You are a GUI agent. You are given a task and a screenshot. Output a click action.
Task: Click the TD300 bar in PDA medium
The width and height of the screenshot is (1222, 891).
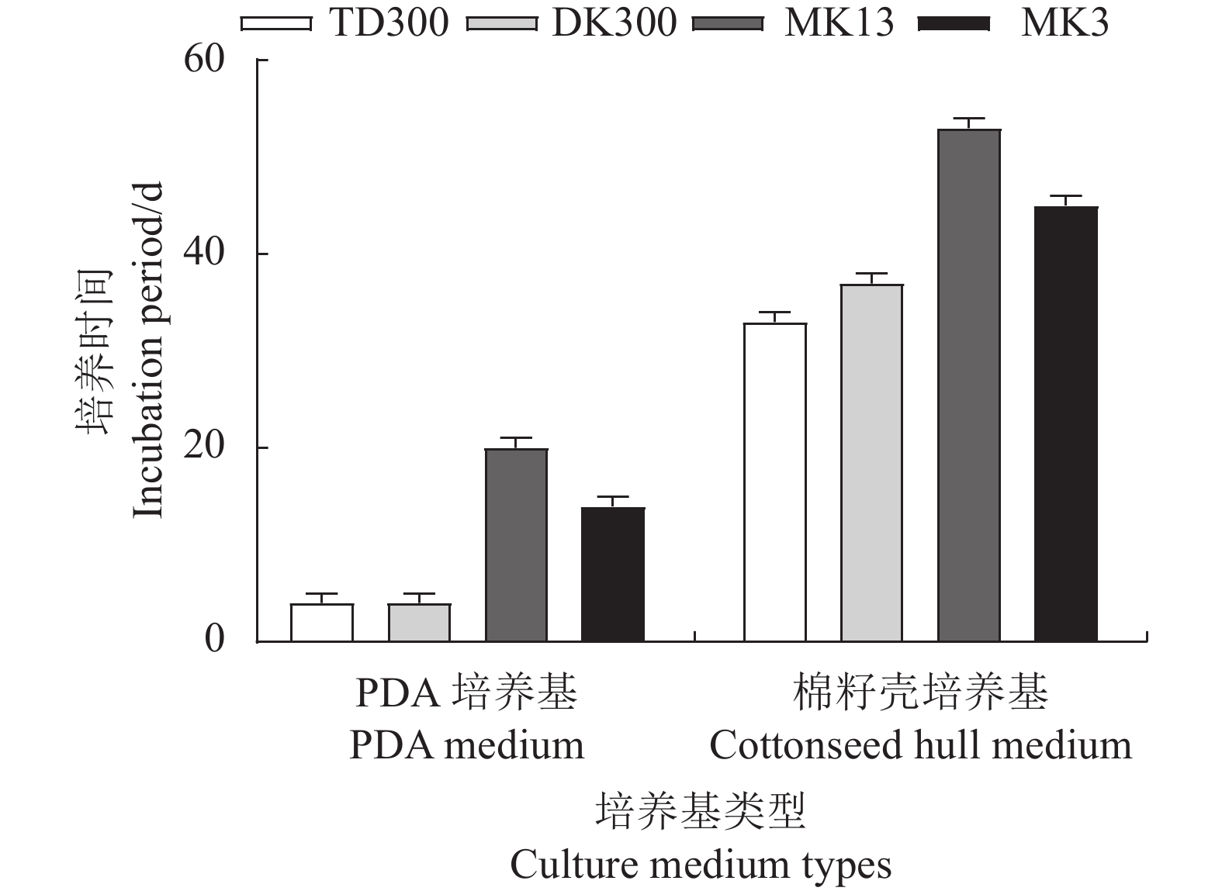(322, 623)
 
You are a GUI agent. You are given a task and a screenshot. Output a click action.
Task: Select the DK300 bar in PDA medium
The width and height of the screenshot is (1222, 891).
(419, 623)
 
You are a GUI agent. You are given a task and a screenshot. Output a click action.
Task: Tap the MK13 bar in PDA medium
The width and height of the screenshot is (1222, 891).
(516, 545)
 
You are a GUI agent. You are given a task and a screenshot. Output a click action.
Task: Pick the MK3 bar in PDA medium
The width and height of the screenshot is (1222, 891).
(613, 575)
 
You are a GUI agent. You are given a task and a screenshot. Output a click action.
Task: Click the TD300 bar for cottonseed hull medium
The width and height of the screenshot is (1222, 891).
(775, 482)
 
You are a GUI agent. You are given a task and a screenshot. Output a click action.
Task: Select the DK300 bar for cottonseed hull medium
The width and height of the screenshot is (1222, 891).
(872, 463)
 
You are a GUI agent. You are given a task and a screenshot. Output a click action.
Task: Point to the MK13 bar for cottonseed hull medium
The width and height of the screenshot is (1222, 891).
(969, 385)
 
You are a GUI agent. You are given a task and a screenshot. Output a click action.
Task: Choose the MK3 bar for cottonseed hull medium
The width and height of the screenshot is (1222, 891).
(1066, 424)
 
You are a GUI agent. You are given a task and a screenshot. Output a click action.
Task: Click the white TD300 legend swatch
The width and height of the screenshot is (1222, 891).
(276, 24)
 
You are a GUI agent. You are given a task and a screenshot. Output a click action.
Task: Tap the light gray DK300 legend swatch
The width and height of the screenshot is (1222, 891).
(502, 24)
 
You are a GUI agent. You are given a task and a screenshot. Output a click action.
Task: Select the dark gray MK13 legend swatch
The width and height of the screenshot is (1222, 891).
(727, 24)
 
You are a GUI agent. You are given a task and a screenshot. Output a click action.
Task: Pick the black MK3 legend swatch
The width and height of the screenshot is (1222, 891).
(953, 24)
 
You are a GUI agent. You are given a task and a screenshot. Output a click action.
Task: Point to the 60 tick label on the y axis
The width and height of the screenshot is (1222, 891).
(204, 60)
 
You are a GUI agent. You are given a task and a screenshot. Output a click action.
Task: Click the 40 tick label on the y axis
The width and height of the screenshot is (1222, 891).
(204, 254)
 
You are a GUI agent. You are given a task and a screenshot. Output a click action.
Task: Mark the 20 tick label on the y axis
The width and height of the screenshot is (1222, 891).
(204, 447)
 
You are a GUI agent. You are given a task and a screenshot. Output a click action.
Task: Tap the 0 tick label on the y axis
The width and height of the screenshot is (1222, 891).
(214, 640)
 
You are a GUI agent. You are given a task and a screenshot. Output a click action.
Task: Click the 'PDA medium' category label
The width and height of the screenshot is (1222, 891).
(466, 745)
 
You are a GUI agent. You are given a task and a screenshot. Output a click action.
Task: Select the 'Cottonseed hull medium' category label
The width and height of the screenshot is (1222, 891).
(920, 745)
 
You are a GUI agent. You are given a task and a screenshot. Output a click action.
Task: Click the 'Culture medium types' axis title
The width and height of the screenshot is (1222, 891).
(701, 865)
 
